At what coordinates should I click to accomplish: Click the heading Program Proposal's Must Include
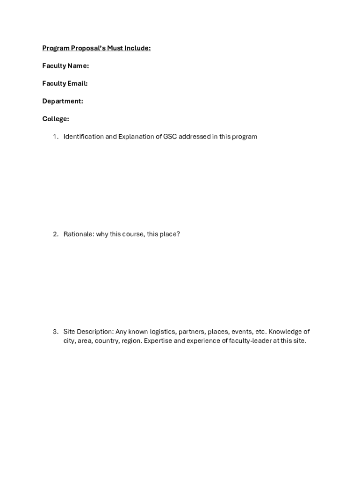[96, 48]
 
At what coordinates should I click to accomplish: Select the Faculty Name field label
[65, 66]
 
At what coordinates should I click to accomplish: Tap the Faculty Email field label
[65, 84]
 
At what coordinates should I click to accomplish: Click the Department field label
[63, 101]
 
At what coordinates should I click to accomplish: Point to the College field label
[56, 119]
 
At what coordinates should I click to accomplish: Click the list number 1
[55, 137]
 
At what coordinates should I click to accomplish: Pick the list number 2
[55, 234]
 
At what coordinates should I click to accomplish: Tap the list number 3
[55, 332]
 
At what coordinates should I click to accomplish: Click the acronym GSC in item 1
[170, 137]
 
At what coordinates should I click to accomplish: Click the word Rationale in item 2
[79, 234]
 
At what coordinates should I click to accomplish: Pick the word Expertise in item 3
[158, 341]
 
